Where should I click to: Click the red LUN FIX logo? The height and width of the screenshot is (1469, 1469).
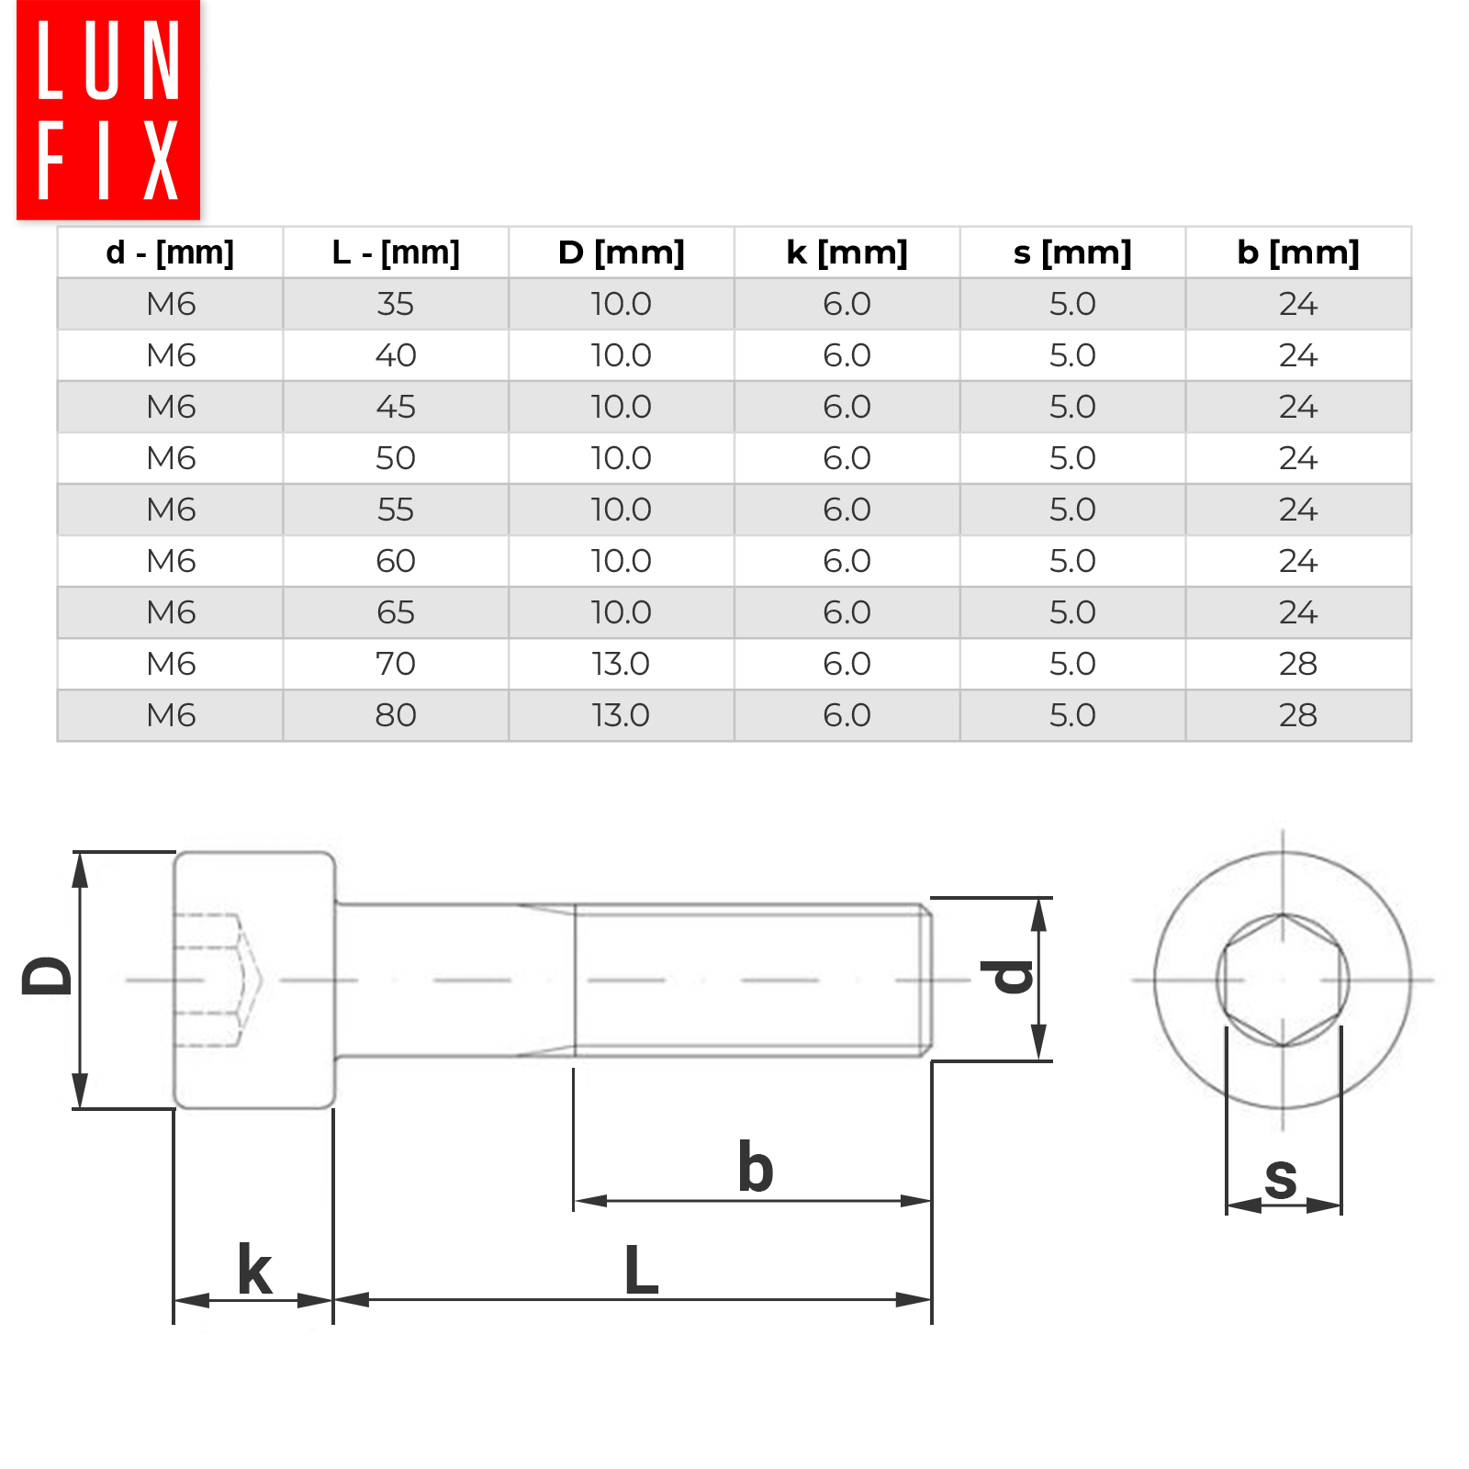tap(108, 109)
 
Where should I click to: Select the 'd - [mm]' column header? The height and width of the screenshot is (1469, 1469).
tap(170, 252)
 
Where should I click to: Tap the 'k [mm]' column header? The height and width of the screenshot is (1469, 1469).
tap(847, 252)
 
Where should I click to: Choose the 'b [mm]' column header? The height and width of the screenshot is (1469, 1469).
tap(1298, 252)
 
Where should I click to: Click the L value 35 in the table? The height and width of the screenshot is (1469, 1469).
tap(396, 304)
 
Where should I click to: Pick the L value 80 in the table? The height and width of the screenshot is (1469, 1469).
tap(396, 715)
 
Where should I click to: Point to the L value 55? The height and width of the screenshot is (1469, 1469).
tap(396, 510)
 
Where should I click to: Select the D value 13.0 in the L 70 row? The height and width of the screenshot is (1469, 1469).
tap(621, 664)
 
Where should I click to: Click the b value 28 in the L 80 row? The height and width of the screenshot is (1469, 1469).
tap(1298, 715)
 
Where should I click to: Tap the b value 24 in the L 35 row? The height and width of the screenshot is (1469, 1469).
tap(1298, 304)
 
